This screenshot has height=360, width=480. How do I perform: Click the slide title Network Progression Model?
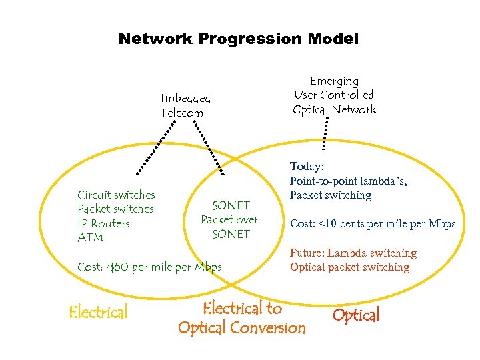point(238,39)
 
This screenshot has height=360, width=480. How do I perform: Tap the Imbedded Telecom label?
point(185,105)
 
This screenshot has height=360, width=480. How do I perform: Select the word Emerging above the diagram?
point(334,81)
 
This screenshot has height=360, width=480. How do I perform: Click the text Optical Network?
point(334,109)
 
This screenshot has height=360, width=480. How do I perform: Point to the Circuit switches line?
point(116,195)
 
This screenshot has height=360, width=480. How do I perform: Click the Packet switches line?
point(115,209)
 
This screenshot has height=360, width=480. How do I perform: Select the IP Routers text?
point(103,223)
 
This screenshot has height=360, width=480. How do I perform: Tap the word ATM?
point(90,237)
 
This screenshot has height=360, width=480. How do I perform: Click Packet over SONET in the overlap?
point(229,220)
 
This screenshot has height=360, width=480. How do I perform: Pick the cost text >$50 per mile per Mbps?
point(149,267)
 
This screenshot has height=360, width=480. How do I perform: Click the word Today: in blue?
point(307,167)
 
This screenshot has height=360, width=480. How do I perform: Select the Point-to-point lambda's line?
point(348,181)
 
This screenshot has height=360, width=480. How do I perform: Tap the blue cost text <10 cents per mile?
point(372,224)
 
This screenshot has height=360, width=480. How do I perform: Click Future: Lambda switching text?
point(353,253)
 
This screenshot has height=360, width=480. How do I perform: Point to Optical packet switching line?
point(349,267)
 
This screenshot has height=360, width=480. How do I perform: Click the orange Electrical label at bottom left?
point(98,312)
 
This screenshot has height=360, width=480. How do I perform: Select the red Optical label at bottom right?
point(356,315)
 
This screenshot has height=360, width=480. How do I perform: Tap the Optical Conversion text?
point(241,327)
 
